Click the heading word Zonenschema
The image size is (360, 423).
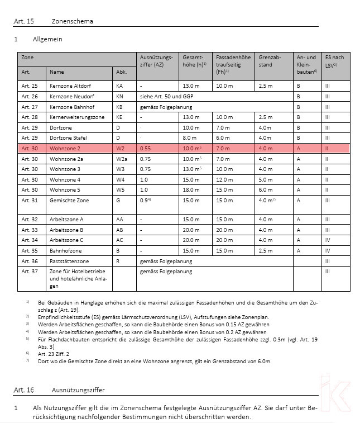72,21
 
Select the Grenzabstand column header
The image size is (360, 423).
269,61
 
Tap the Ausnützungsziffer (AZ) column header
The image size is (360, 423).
156,61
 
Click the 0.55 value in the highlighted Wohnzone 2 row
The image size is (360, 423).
146,149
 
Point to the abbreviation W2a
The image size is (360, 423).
121,159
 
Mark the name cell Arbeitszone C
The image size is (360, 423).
66,240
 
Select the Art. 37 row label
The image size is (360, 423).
30,272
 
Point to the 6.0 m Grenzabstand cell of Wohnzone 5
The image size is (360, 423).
266,190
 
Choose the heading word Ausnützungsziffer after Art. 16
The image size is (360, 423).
78,389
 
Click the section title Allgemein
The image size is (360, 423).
47,40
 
